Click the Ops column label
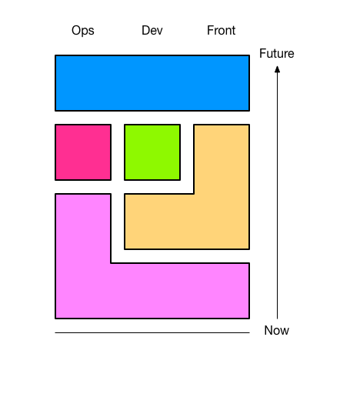point(83,31)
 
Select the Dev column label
point(152,30)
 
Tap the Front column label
point(221,30)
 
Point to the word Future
point(277,53)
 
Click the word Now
point(277,330)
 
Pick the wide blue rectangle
point(152,83)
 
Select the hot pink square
point(83,152)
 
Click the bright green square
point(152,152)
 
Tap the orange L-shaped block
point(222,222)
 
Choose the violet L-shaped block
point(83,291)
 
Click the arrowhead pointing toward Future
point(277,69)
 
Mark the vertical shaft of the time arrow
point(277,195)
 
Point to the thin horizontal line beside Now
point(152,332)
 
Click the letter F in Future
point(262,53)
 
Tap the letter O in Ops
point(76,30)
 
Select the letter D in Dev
point(145,30)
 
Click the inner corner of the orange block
point(194,194)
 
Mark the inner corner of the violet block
point(111,263)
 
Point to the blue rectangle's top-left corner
point(55,55)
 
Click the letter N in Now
point(268,330)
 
